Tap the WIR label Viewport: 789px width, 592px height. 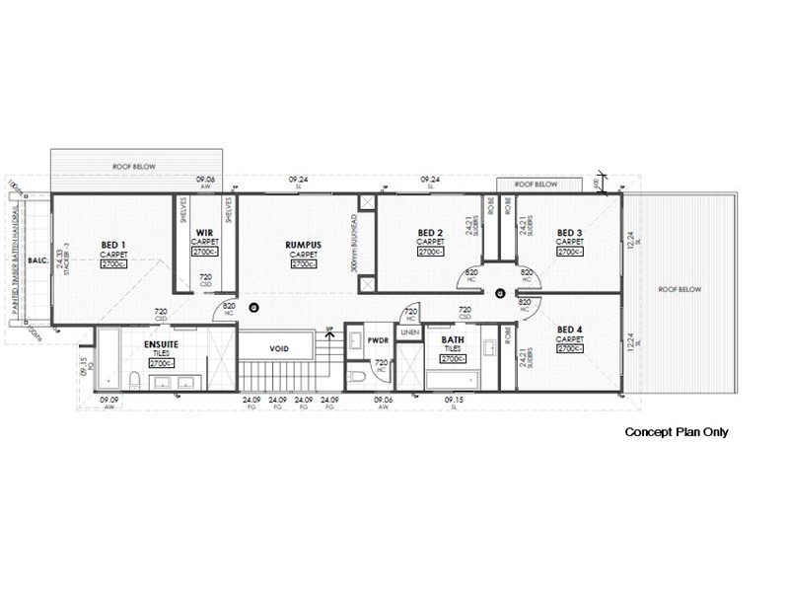204,233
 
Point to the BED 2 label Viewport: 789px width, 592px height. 429,233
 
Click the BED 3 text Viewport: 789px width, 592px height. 569,233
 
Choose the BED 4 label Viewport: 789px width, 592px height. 569,330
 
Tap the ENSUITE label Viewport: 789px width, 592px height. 161,344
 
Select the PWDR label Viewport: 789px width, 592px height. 380,340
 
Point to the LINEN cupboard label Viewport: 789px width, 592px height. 410,333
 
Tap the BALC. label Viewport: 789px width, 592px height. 37,261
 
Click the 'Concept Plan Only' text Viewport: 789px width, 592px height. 677,432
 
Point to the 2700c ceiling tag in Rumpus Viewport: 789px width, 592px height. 303,263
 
